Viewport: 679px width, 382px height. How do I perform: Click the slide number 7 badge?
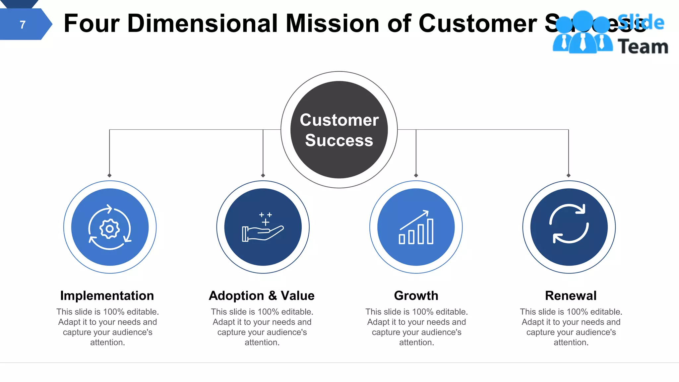point(23,25)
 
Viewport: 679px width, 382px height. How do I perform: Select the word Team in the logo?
point(643,46)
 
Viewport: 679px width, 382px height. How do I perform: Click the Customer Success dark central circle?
point(339,130)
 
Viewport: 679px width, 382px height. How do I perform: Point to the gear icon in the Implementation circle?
point(110,228)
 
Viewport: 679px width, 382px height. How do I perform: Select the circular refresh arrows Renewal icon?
point(569,223)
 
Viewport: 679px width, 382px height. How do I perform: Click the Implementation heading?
point(107,295)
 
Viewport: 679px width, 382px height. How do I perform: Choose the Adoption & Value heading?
point(262,295)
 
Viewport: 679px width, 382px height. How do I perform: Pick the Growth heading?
point(416,295)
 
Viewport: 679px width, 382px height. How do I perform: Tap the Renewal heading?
point(571,295)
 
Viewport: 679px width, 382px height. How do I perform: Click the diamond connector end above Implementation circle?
point(109,175)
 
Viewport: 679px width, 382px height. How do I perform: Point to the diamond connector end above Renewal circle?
point(569,175)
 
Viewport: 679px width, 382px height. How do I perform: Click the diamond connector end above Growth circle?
point(416,175)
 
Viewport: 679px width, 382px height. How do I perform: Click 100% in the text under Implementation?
point(114,312)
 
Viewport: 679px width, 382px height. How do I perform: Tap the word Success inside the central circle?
point(339,140)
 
